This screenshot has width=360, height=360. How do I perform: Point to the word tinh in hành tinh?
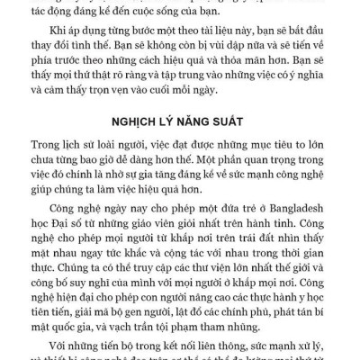[x=269, y=230]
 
